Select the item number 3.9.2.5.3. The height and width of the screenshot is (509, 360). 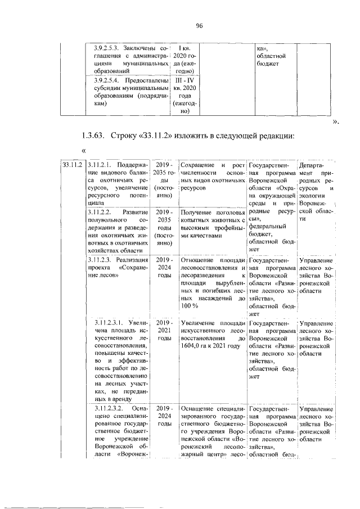pyautogui.click(x=108, y=48)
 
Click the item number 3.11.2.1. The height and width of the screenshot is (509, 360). pyautogui.click(x=101, y=164)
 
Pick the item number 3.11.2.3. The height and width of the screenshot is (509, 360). pyautogui.click(x=101, y=260)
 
